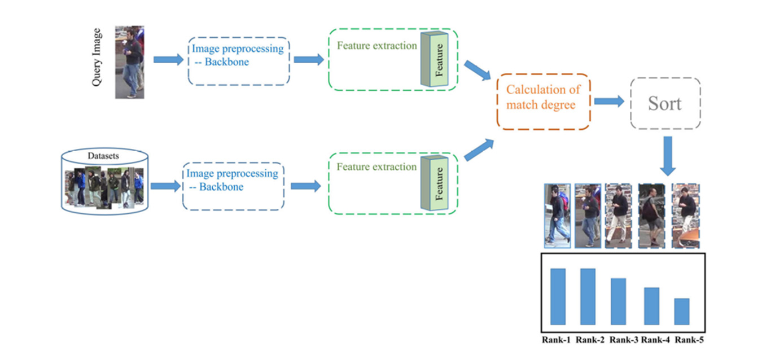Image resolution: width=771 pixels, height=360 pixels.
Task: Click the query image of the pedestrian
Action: (x=130, y=62)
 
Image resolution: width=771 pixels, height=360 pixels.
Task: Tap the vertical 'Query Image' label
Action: (x=97, y=57)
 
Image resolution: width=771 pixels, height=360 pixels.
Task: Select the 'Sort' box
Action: (x=665, y=103)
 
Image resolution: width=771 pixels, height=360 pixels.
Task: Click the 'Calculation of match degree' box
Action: (x=543, y=102)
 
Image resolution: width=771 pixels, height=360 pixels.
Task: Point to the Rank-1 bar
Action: (x=558, y=296)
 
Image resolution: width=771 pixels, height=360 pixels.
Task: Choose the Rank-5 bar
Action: (x=681, y=311)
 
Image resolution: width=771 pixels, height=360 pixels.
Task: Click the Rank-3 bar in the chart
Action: (x=618, y=301)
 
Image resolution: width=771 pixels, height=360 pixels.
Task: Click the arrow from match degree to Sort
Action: (x=608, y=102)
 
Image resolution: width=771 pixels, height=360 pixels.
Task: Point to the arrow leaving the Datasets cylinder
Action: (x=165, y=186)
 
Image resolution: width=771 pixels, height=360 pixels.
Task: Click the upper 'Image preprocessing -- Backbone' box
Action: (x=239, y=61)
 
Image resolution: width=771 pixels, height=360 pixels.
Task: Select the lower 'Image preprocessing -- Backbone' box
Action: (x=233, y=186)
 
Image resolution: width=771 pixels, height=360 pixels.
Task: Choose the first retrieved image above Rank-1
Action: (x=558, y=216)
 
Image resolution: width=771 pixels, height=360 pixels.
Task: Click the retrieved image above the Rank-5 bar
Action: (x=685, y=216)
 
